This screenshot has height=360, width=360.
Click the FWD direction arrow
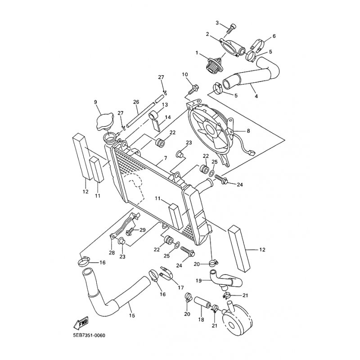pos(81,323)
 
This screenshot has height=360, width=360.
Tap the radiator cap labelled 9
pos(105,121)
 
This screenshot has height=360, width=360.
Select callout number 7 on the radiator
pos(166,158)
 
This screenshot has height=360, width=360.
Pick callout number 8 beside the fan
pos(248,131)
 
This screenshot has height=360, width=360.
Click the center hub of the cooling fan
pos(210,129)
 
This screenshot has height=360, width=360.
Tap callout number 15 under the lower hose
pos(132,316)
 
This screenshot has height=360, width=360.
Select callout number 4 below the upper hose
pos(256,96)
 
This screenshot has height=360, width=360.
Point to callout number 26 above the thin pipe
pos(136,102)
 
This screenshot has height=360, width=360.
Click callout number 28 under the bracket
pos(112,253)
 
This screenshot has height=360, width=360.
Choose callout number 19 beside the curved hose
pos(198,280)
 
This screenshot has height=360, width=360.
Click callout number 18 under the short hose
pos(201,319)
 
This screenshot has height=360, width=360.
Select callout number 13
pos(165,105)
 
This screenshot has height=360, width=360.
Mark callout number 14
pos(168,117)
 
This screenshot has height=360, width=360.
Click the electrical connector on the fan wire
pos(252,152)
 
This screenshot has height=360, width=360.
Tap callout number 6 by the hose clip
pos(274,36)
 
